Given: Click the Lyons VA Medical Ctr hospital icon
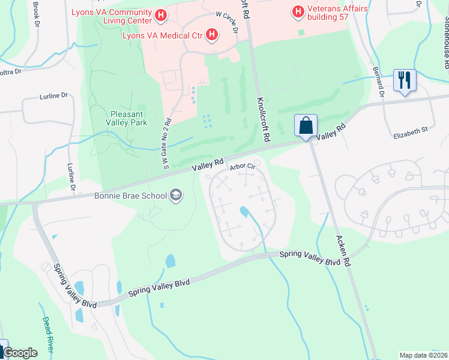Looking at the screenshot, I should (211, 35).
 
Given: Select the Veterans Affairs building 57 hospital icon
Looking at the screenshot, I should (297, 11).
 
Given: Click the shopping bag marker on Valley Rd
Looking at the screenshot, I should (306, 126).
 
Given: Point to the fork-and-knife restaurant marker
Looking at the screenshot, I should (405, 80).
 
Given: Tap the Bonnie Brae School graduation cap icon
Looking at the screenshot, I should (176, 194).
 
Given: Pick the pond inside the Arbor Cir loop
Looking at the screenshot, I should (244, 212).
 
